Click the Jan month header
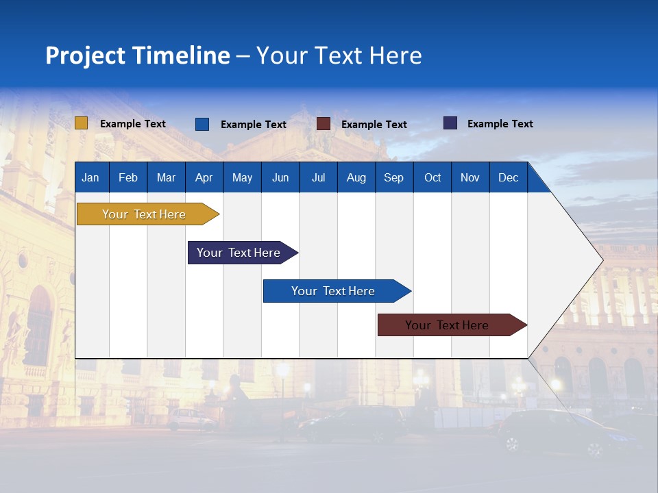(90, 177)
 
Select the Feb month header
(128, 177)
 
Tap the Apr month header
(204, 177)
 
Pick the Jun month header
(280, 177)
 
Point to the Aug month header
(356, 177)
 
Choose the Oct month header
(432, 177)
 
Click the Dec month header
(508, 177)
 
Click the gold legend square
(82, 123)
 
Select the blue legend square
(202, 124)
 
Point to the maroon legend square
(324, 124)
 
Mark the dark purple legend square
(450, 123)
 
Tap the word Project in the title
(85, 55)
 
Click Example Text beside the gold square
(133, 124)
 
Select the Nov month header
(470, 177)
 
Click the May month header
(242, 177)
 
